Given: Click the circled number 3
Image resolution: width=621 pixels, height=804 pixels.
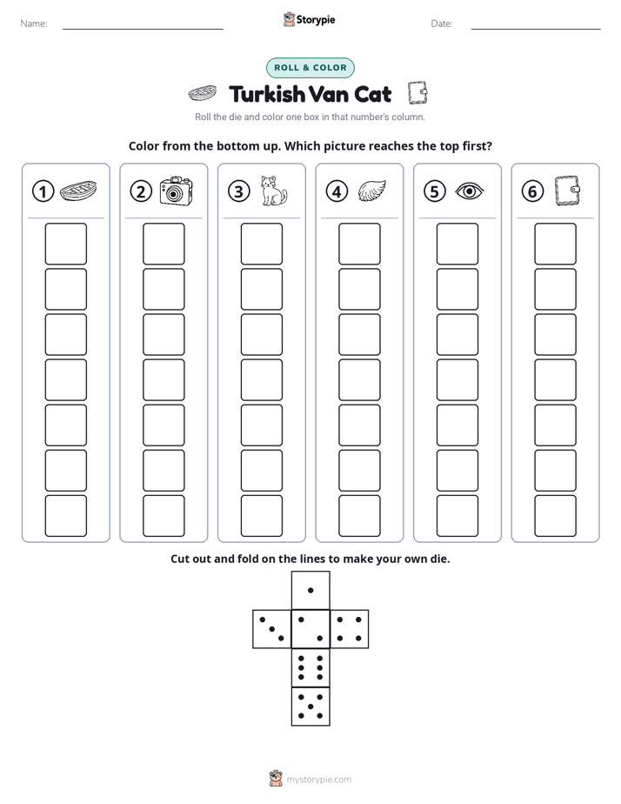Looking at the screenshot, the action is [239, 191].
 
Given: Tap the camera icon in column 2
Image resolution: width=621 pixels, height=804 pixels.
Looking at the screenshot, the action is [176, 191].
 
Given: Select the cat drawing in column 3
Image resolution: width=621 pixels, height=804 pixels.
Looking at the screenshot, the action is [274, 191].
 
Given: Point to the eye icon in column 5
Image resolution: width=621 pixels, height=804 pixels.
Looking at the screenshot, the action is [470, 191].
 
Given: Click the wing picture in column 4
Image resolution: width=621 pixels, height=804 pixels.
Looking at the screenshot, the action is [372, 191].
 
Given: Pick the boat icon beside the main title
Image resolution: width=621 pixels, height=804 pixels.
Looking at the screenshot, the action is [203, 93].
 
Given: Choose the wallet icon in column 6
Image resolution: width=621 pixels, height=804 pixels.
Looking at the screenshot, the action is [568, 191].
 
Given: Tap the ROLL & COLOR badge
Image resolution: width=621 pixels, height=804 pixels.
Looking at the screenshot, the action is [310, 68].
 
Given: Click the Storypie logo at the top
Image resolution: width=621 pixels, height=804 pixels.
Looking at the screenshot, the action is [310, 19].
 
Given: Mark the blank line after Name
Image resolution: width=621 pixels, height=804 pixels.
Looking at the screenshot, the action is [143, 29].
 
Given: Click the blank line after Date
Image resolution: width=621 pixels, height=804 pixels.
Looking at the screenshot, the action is [536, 29].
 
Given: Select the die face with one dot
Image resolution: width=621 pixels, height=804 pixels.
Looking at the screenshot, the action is [310, 590].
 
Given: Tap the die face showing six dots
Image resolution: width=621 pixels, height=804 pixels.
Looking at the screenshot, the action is [310, 667].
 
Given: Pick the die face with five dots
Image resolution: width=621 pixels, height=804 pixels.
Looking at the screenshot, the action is [310, 707].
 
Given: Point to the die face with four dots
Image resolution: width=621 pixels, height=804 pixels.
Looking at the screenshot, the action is [350, 629].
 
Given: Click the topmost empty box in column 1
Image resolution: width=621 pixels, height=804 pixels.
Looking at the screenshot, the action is [66, 244].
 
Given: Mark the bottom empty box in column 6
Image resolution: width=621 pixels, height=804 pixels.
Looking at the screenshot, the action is [556, 516].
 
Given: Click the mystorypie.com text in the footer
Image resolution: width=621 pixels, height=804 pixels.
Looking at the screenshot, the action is [318, 780].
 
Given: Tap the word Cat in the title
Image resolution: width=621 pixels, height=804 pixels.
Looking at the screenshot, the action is [372, 94].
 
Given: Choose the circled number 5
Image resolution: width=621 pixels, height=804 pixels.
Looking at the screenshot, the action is [435, 191].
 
